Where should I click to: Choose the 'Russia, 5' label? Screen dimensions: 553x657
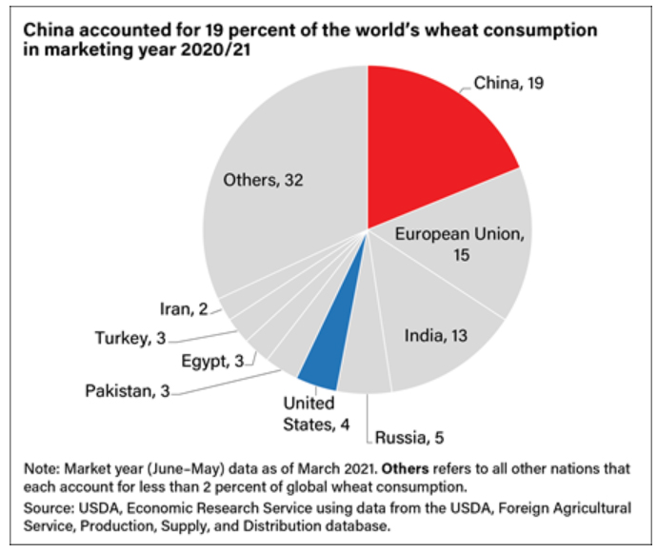(408, 438)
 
